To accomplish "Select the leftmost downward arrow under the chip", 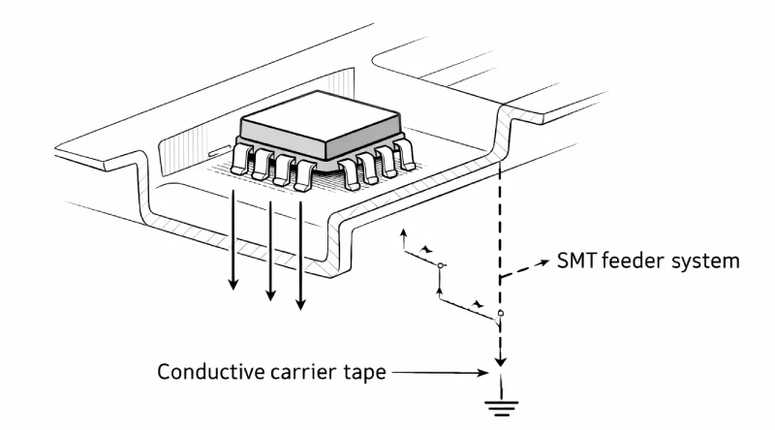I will point(232,242).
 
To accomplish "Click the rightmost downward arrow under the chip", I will point(300,257).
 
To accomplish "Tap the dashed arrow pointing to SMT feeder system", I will point(528,268).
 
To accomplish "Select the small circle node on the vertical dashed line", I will point(500,314).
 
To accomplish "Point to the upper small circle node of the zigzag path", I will point(441,264).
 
